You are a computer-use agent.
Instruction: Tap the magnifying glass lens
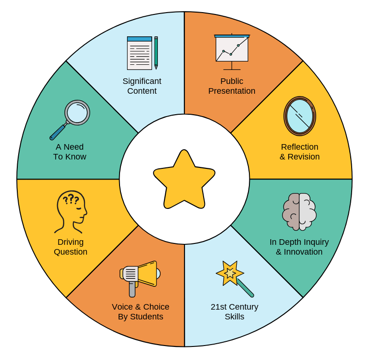point(77,112)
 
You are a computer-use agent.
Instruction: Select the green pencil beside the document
point(156,52)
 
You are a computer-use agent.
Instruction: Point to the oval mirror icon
point(300,116)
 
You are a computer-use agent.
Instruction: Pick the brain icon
point(299,212)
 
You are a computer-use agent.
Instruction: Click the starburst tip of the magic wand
point(229,273)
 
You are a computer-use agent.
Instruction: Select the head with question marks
point(71,211)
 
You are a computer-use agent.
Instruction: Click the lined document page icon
point(139,53)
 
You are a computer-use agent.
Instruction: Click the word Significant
point(142,81)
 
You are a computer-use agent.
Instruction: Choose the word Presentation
point(232,91)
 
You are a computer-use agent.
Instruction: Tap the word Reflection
point(299,147)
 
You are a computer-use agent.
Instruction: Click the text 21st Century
point(234,307)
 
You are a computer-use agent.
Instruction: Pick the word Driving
point(71,242)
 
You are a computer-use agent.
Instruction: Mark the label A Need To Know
point(70,152)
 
